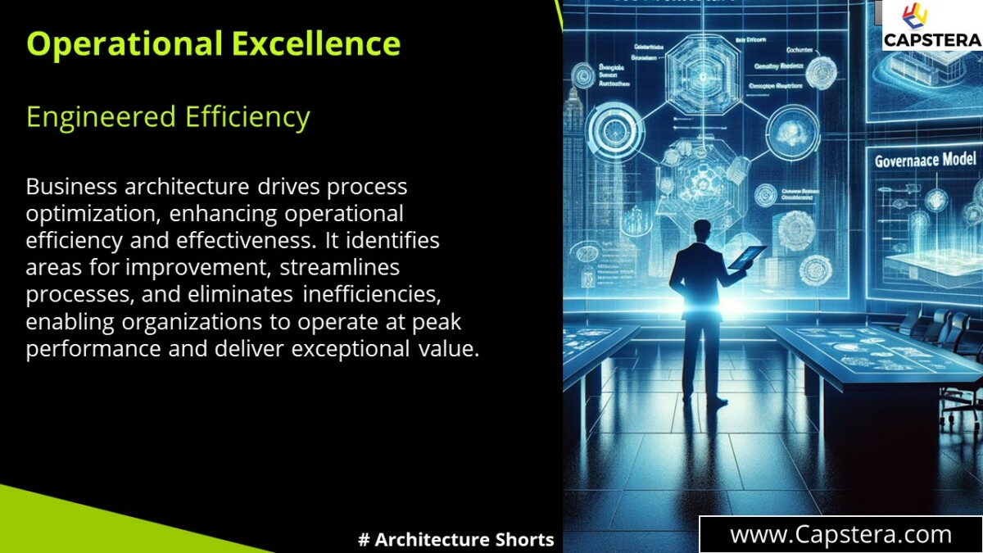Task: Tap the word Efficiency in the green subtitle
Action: pos(247,117)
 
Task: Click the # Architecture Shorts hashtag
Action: pos(456,540)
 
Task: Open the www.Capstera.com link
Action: pos(840,535)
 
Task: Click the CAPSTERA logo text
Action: pos(931,39)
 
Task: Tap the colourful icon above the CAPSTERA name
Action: pos(915,16)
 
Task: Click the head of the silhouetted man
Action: pos(701,232)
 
